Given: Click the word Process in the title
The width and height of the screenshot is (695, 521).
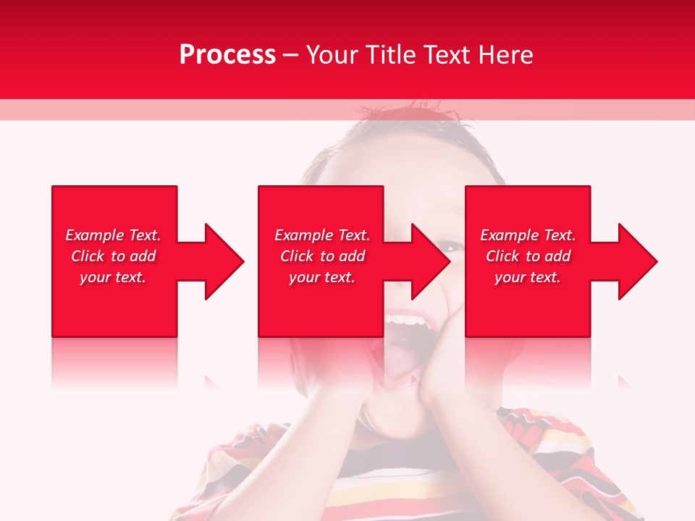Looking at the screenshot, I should tap(227, 55).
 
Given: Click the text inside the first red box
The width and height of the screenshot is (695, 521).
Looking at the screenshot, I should tap(113, 256).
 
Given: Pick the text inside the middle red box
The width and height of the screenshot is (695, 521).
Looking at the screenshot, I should tap(321, 256).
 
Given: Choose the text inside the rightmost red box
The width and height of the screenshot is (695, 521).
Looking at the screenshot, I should tap(528, 256).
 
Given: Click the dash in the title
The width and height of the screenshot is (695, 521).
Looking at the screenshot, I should tap(290, 55).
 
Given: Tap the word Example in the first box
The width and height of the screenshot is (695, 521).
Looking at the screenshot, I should tap(94, 235).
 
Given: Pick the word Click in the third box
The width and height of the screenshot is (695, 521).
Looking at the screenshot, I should tap(502, 256).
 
